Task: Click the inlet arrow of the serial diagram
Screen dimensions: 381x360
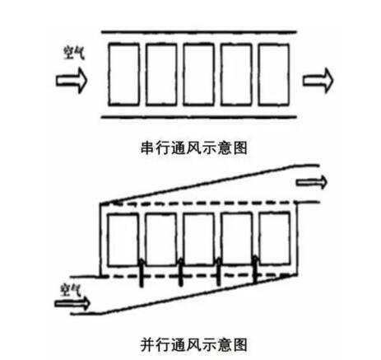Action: coord(72,81)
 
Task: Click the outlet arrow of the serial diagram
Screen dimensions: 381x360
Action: coord(318,81)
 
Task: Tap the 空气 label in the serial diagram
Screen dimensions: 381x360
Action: coord(74,53)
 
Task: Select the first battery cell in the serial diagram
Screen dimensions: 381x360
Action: coord(123,74)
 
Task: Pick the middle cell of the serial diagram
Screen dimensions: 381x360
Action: coord(198,74)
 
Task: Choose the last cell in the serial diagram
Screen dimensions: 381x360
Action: coord(274,74)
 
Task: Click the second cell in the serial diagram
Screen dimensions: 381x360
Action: coord(161,74)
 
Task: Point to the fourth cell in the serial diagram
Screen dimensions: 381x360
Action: coord(236,74)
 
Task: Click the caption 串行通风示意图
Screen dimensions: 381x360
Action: coord(194,148)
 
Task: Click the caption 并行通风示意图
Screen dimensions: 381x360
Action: coord(194,344)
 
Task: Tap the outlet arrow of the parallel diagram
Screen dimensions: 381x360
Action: coord(312,182)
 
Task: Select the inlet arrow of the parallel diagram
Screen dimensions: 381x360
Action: coord(72,303)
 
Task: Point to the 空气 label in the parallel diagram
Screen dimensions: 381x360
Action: coord(71,290)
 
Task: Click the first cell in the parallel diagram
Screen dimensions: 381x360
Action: coord(123,240)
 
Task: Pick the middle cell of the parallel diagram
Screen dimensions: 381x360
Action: coord(198,240)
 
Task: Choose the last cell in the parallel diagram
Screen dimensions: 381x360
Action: coord(275,240)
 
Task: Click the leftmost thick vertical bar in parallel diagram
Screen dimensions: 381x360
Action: coord(142,273)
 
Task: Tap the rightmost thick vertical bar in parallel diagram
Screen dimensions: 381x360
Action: coord(255,269)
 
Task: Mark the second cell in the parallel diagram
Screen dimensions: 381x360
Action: coord(160,240)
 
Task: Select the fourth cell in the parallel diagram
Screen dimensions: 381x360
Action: coord(237,240)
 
